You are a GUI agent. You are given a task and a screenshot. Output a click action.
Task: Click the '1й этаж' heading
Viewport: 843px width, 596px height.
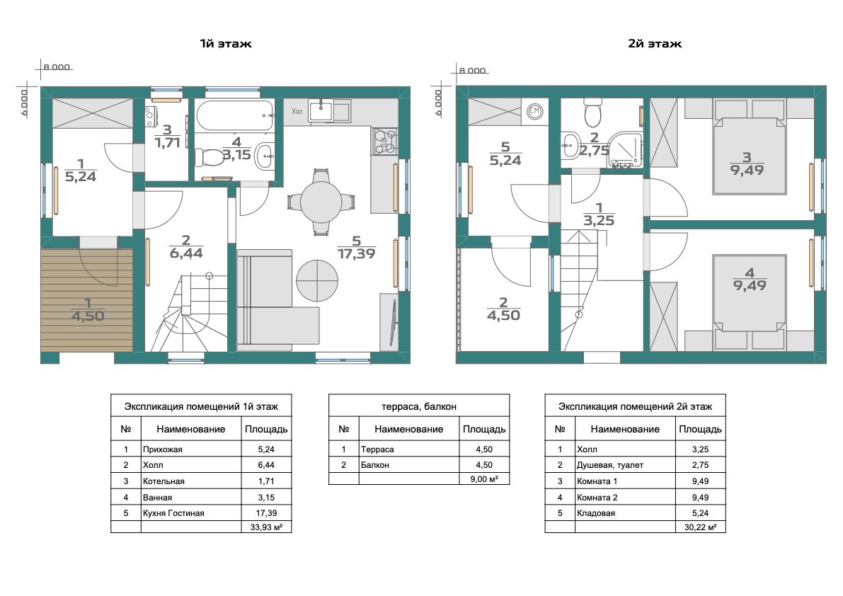(x=225, y=43)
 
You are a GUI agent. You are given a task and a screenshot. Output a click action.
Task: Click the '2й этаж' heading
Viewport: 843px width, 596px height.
(x=654, y=43)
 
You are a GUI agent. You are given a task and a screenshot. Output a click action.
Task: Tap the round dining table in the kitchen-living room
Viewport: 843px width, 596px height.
(x=321, y=202)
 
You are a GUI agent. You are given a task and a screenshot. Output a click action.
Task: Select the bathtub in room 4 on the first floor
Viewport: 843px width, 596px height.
(x=235, y=115)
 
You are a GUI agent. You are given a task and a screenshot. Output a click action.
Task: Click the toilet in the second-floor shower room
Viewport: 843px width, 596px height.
(x=593, y=112)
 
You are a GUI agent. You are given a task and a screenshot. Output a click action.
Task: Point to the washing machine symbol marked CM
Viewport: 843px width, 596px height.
(x=534, y=111)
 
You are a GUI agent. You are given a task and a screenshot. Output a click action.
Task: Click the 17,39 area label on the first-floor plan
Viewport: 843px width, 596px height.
(x=357, y=253)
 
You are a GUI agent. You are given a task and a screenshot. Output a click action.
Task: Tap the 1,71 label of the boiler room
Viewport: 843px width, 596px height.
(x=167, y=142)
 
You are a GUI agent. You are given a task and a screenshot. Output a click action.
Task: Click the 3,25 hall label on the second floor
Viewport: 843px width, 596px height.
(x=599, y=220)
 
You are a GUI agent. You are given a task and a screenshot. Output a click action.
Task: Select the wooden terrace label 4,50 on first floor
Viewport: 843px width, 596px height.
(x=88, y=316)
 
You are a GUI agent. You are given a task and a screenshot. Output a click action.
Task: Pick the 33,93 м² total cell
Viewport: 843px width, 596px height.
(x=266, y=527)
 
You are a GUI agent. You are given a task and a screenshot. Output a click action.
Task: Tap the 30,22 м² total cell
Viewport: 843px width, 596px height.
(x=700, y=527)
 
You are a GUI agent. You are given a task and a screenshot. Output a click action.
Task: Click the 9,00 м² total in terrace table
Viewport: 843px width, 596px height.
(x=484, y=478)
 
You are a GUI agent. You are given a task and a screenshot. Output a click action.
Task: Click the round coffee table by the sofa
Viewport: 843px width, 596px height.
(x=317, y=280)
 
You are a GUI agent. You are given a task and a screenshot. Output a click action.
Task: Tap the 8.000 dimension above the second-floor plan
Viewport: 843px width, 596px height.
(x=472, y=70)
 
